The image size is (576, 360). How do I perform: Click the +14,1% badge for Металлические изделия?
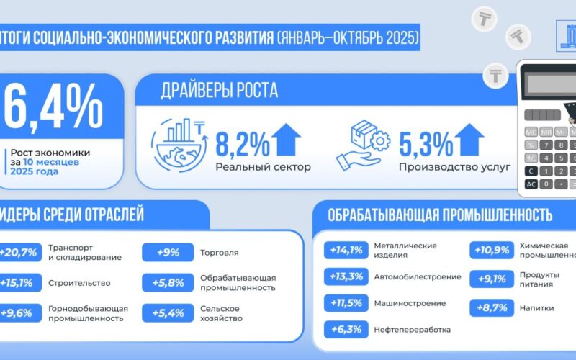[346, 250]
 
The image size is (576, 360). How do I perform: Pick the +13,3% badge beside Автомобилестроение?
[346, 276]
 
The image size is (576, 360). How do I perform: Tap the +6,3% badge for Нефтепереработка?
[346, 330]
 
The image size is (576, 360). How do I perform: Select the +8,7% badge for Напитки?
[492, 307]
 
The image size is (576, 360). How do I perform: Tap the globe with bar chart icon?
[177, 143]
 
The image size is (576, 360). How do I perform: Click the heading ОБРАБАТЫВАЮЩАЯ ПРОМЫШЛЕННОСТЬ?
[440, 215]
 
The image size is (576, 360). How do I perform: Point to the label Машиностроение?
[410, 303]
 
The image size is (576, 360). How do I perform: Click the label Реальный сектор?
[263, 168]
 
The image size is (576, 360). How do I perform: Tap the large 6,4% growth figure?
[54, 108]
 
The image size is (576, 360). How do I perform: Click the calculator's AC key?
[531, 184]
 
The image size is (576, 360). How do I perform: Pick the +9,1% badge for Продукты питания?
[492, 277]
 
